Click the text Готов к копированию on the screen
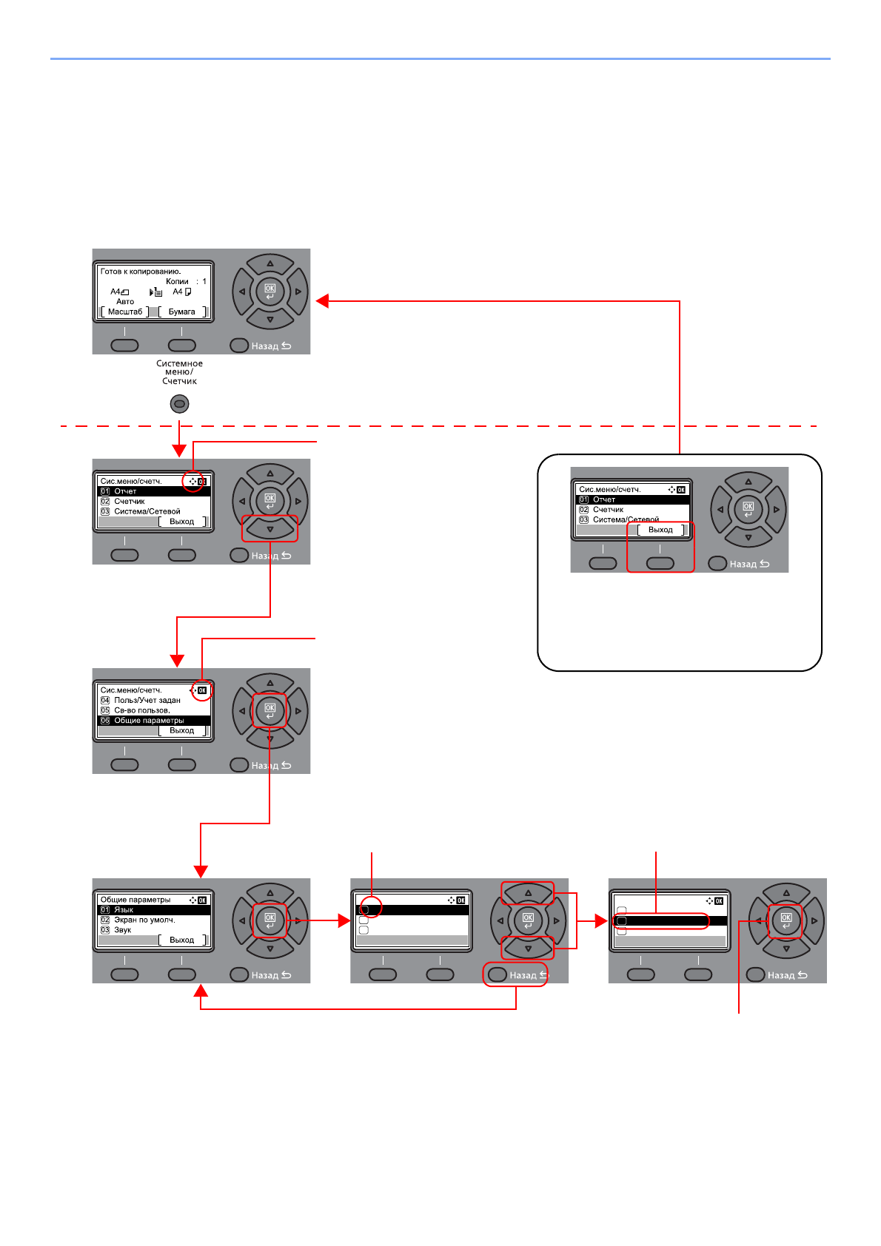[141, 272]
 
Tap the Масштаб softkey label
[125, 311]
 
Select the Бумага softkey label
[181, 311]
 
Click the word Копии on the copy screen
[177, 281]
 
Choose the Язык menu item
[124, 910]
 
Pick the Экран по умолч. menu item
[144, 920]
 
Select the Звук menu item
[122, 930]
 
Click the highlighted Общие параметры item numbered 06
[149, 721]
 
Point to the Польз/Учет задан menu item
[147, 700]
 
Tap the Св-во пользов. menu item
[141, 710]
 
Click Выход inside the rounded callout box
[660, 530]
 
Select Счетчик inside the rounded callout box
[608, 510]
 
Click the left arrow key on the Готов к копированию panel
[242, 292]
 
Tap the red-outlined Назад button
[515, 974]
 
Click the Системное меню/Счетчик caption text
[179, 372]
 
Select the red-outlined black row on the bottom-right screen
[660, 921]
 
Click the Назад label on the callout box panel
[743, 564]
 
